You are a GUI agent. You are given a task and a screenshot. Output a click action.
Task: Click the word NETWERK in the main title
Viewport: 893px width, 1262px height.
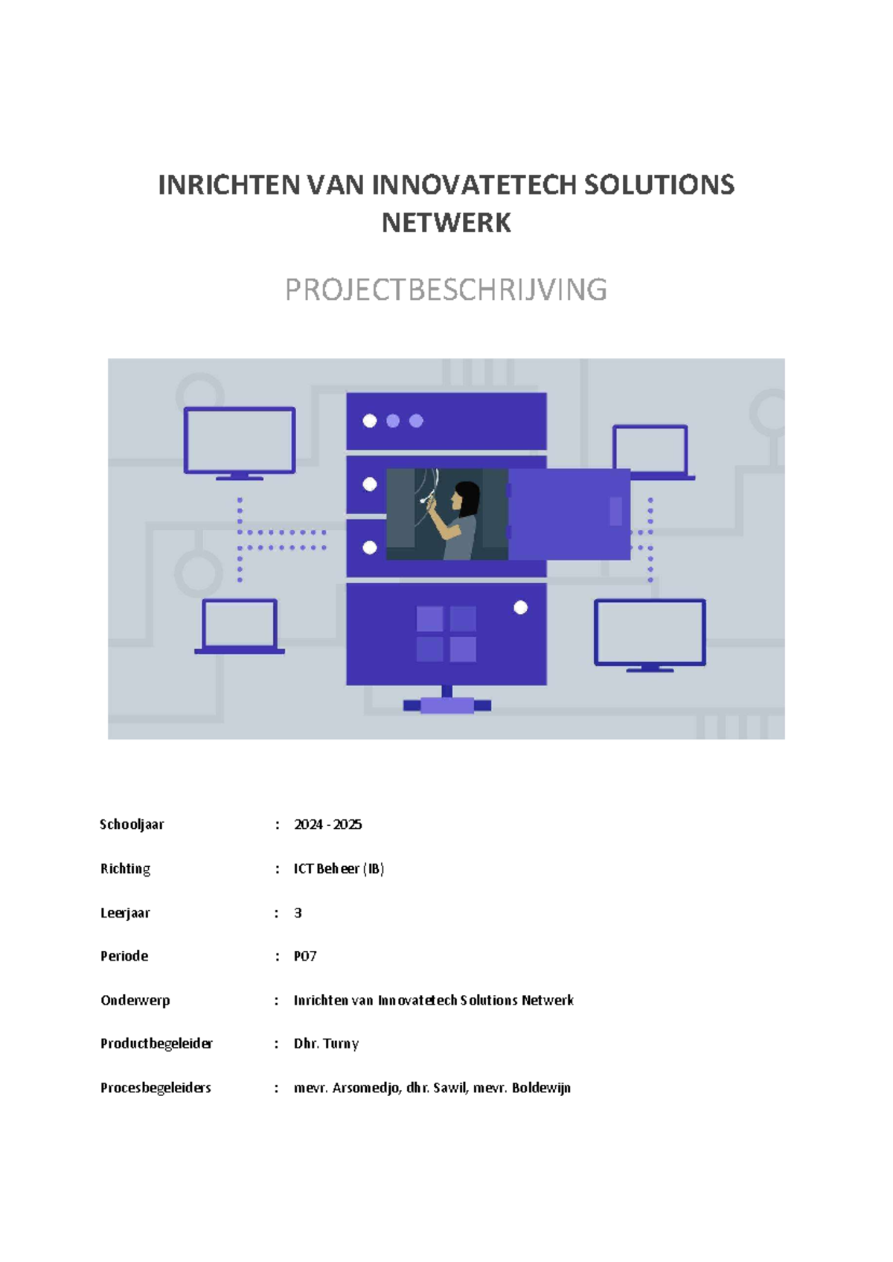(x=446, y=223)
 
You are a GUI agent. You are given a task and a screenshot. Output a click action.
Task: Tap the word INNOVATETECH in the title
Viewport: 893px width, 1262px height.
(x=474, y=185)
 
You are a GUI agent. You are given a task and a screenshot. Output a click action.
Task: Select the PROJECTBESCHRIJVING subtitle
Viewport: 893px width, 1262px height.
(x=446, y=289)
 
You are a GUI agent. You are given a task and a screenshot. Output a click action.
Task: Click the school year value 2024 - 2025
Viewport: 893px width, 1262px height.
(x=328, y=824)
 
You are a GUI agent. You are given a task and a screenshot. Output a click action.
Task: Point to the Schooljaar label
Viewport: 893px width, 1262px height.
(x=132, y=824)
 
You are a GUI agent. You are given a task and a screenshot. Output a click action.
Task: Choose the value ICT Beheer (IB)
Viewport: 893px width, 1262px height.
(x=339, y=869)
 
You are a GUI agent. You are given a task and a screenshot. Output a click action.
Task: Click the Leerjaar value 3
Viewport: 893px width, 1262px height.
(x=298, y=913)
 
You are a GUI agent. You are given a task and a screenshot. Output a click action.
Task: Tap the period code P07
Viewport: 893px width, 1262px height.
(x=305, y=956)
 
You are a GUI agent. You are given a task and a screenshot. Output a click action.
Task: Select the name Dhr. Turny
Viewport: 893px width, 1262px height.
(x=326, y=1044)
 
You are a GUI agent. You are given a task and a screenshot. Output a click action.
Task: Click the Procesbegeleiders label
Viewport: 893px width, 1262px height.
(x=156, y=1088)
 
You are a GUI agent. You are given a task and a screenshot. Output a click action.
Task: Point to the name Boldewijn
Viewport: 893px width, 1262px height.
(x=542, y=1088)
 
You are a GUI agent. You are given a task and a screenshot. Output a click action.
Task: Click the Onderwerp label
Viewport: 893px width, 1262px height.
(x=135, y=1001)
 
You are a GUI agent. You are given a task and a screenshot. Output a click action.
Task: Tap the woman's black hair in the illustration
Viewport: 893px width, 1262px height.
(x=467, y=498)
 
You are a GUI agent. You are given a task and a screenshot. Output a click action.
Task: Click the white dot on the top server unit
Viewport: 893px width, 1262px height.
(x=370, y=421)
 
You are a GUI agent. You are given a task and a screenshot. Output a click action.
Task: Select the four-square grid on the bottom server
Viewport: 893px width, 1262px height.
(x=446, y=634)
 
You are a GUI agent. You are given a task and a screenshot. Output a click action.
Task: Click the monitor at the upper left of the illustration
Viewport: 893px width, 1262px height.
(x=240, y=443)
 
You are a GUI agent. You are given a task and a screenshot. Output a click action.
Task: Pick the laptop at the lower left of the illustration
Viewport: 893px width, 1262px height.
(x=240, y=627)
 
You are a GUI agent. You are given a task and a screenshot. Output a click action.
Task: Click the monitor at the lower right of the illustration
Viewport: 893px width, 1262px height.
(x=650, y=635)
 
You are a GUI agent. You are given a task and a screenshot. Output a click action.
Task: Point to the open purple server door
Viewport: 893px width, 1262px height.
(x=569, y=514)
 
